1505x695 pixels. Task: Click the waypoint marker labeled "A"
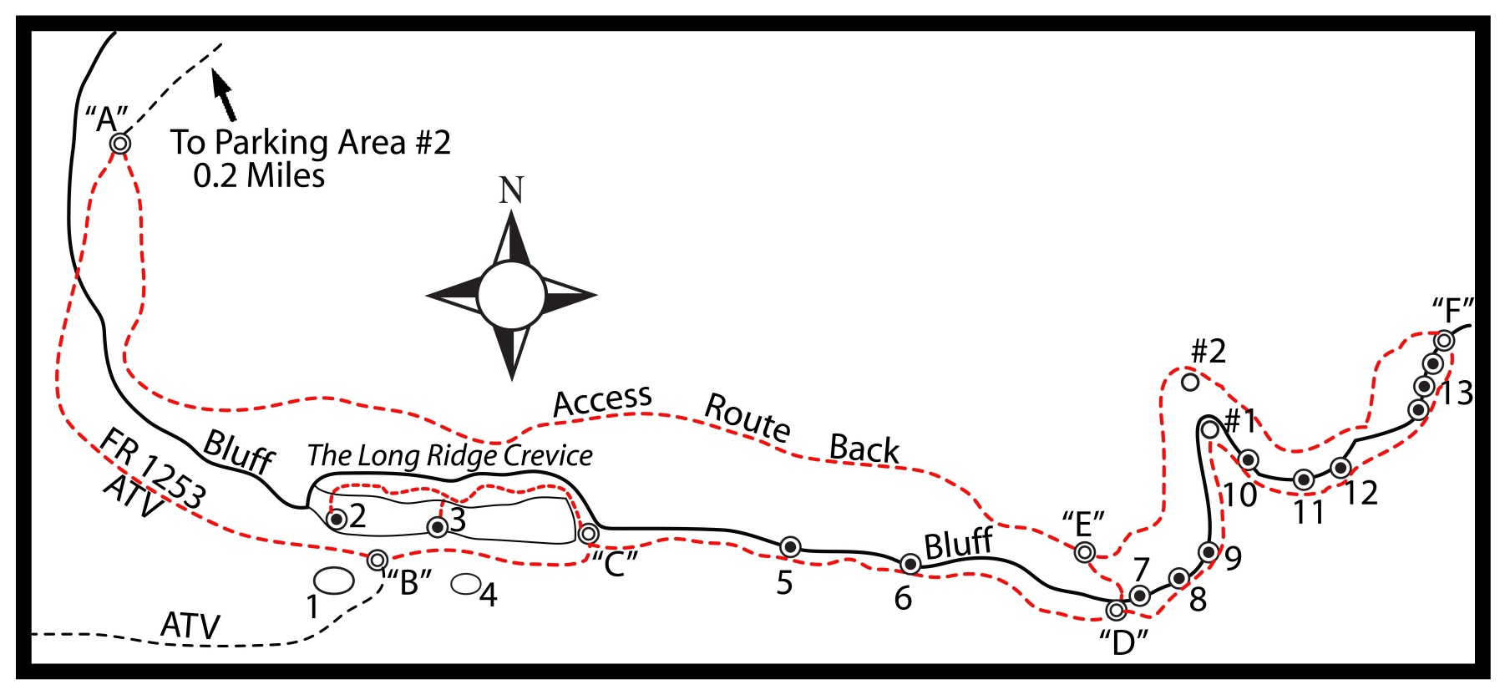point(120,144)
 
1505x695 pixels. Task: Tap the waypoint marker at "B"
point(378,559)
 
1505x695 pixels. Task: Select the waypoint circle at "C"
point(589,533)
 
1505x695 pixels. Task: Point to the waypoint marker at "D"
point(1115,611)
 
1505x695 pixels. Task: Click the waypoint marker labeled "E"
point(1084,551)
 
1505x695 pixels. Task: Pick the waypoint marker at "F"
point(1444,341)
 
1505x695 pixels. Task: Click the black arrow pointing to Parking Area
point(224,94)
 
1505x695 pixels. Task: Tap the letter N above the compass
point(511,190)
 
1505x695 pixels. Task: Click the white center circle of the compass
point(511,295)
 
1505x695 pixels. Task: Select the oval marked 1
point(333,581)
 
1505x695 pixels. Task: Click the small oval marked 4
point(465,584)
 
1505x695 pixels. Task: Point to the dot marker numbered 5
point(789,547)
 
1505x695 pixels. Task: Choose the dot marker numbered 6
point(910,565)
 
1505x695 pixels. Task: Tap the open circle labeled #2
point(1190,383)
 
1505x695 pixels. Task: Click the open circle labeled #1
point(1209,429)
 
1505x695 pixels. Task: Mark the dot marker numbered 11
point(1303,479)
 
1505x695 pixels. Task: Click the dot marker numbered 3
point(437,526)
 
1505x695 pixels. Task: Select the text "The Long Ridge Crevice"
point(449,456)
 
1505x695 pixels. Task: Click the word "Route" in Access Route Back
point(747,416)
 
